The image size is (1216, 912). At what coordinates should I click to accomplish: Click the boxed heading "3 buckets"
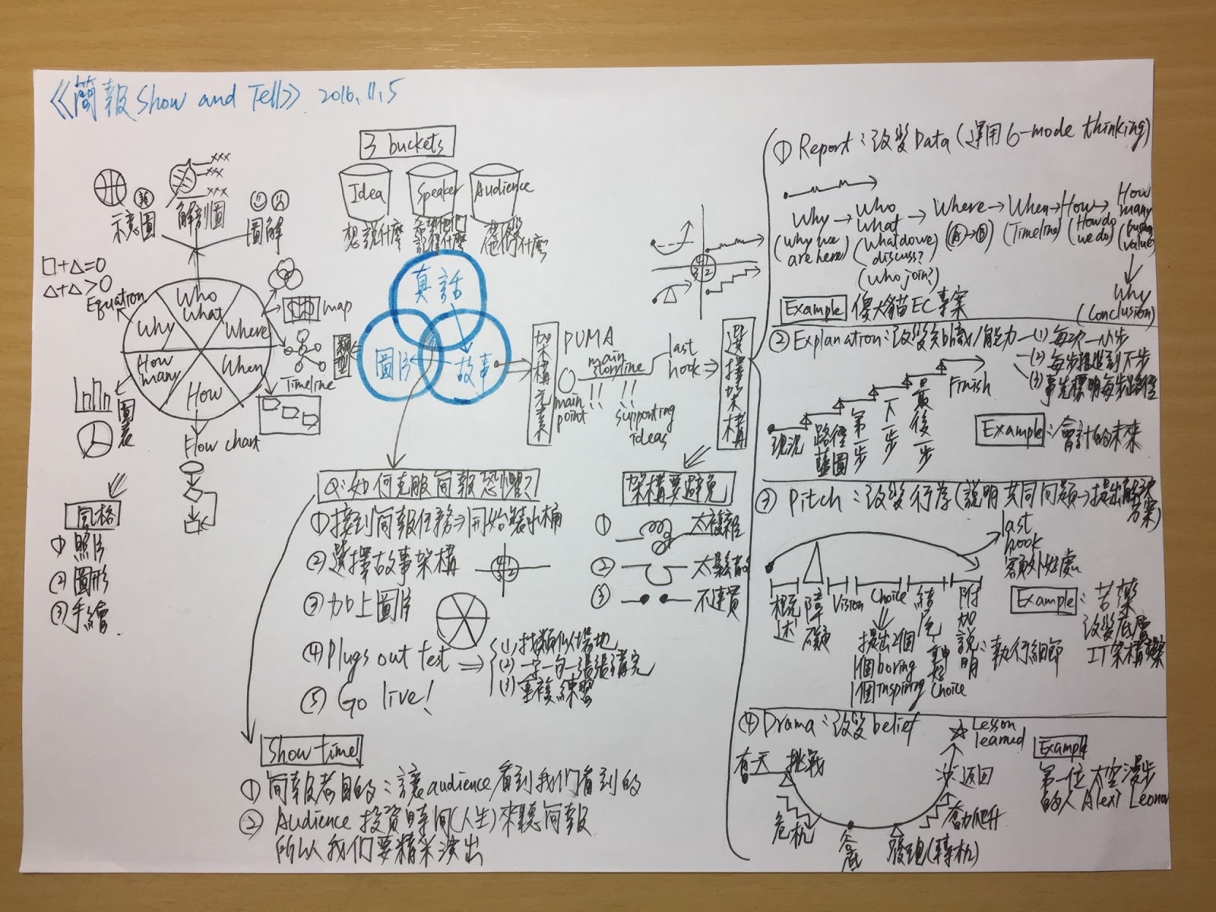[x=408, y=142]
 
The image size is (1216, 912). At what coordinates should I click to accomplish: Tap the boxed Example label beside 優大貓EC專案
[x=812, y=309]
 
